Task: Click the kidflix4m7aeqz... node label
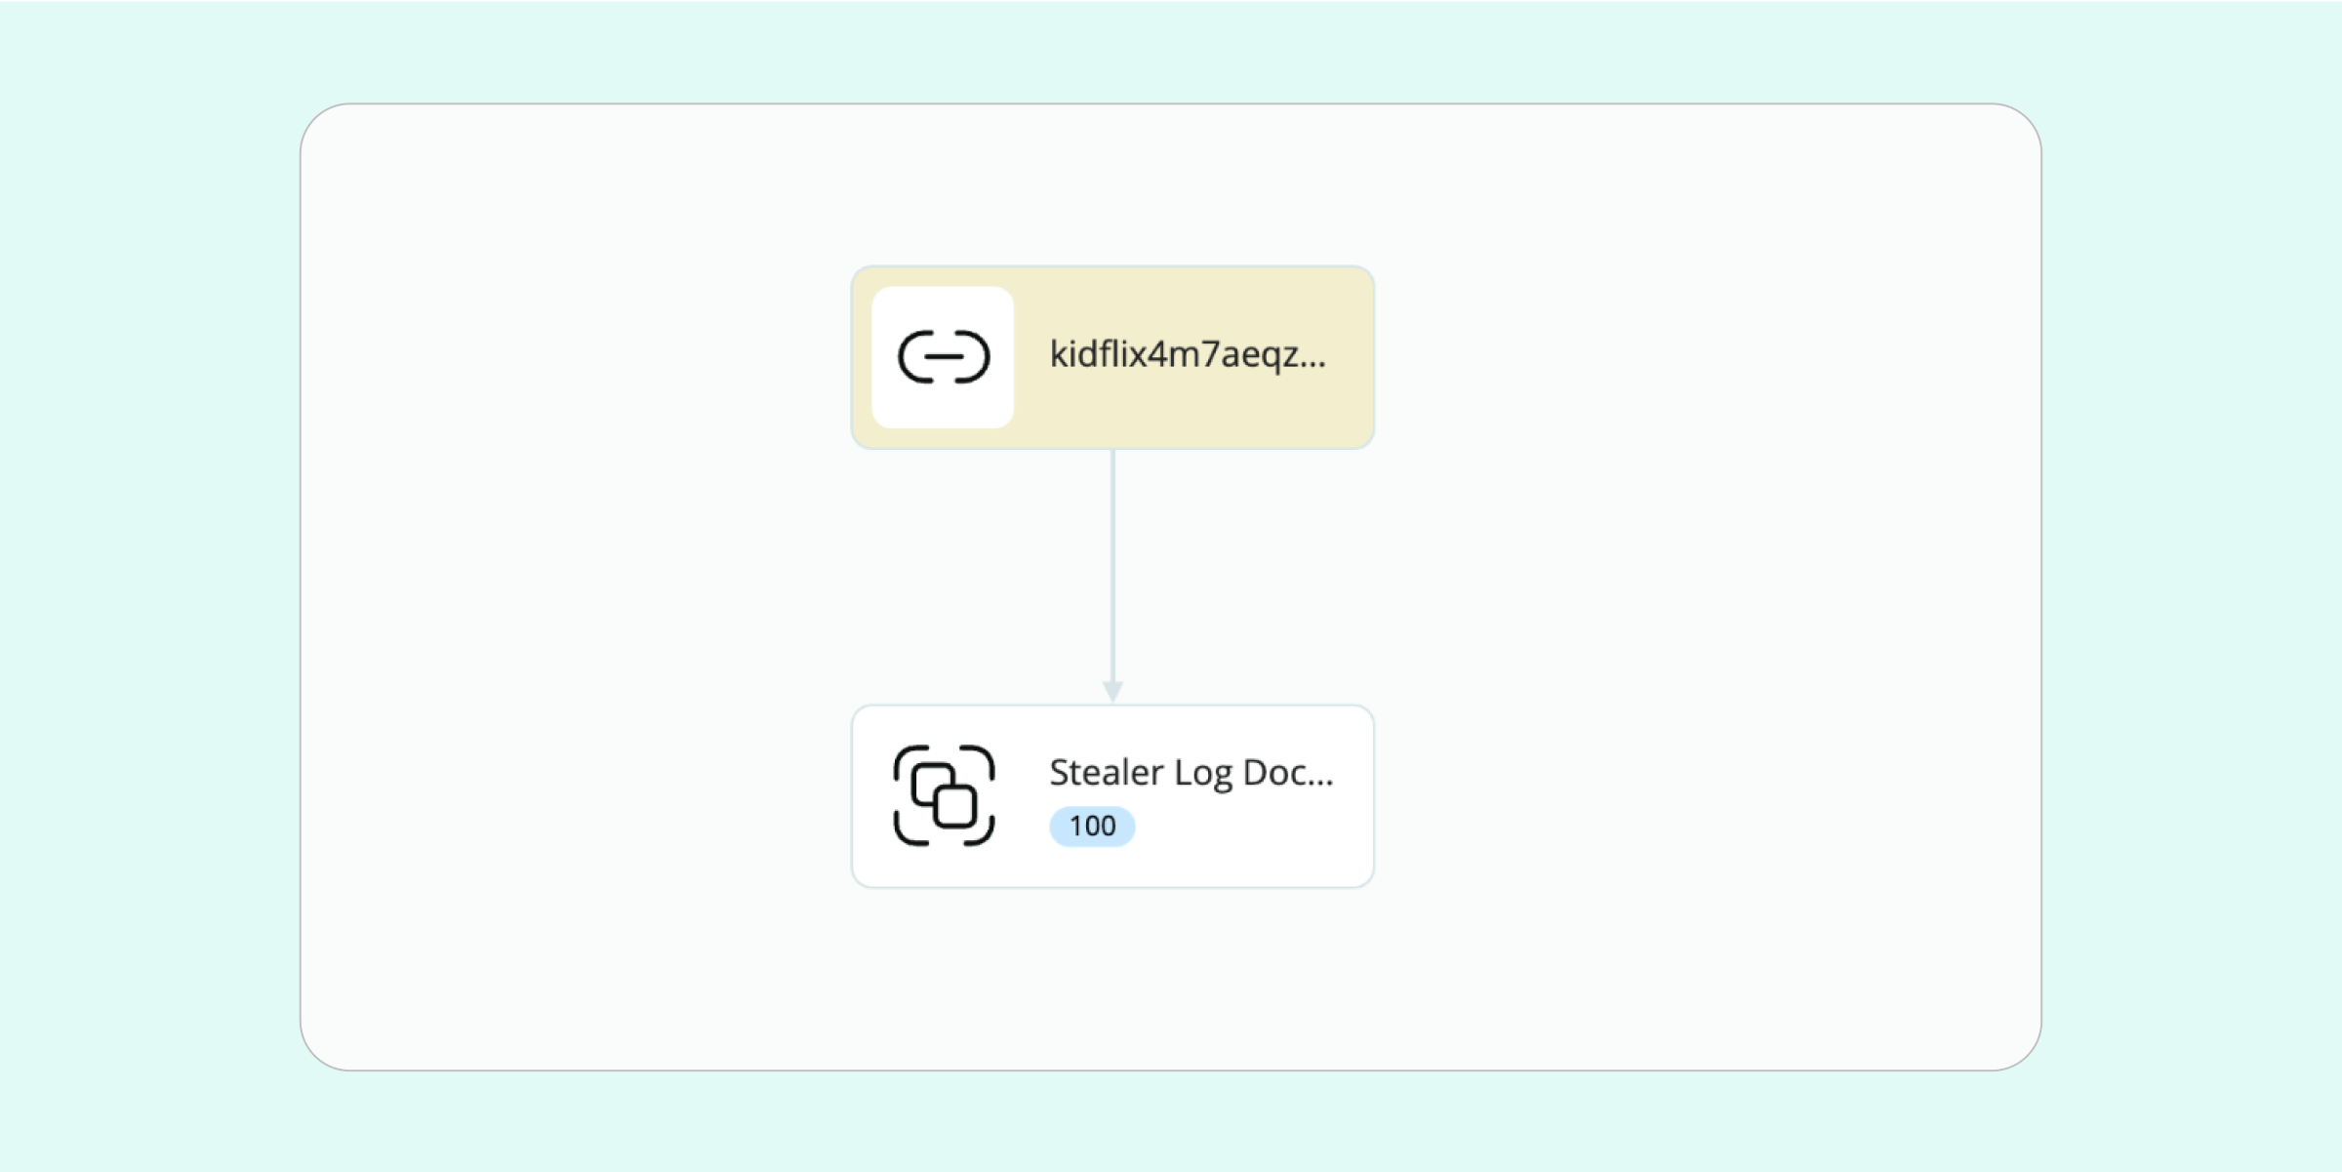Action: (x=1187, y=354)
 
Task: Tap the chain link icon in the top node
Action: (x=944, y=356)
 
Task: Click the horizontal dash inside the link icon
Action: (x=944, y=356)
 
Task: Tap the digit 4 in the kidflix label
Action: (x=1158, y=354)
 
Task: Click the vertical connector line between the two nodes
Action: (x=1112, y=566)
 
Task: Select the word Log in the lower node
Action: (x=1202, y=774)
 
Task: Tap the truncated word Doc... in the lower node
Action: (x=1287, y=773)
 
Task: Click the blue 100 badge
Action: (x=1092, y=827)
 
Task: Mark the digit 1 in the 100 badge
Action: (x=1075, y=827)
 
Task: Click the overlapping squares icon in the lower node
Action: (x=944, y=795)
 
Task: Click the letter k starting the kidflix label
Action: (x=1058, y=354)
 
